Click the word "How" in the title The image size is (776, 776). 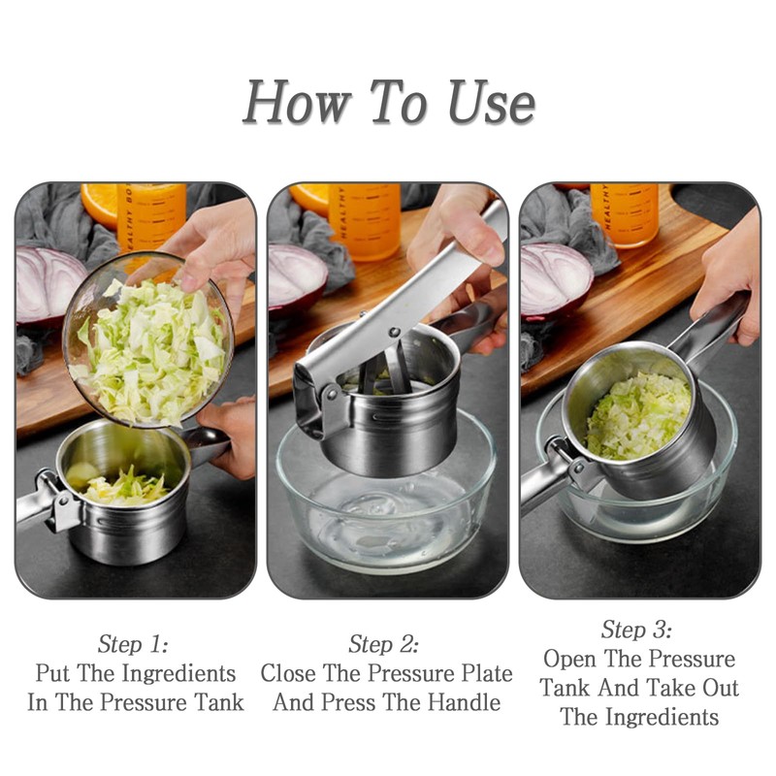point(297,102)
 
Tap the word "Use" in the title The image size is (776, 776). point(492,103)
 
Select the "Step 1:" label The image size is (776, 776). point(133,644)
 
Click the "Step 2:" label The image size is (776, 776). point(383,644)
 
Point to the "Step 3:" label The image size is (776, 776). point(637,630)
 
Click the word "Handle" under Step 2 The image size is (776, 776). point(464,702)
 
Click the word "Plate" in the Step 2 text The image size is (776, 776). point(487,673)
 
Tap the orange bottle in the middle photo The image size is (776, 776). point(366,221)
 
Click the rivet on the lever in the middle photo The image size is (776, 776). point(394,331)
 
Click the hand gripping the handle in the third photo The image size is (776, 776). point(727,277)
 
